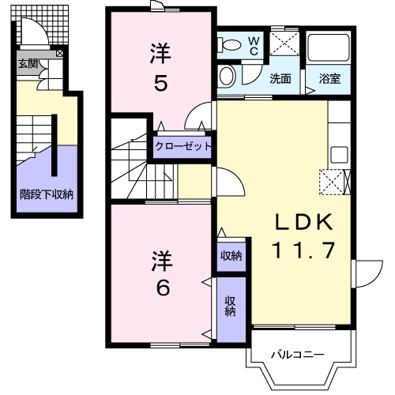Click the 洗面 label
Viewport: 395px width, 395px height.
click(x=280, y=78)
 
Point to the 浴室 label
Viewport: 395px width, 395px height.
click(x=329, y=78)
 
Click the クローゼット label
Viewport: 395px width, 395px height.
click(x=183, y=146)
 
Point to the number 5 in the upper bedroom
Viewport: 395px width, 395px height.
click(x=160, y=82)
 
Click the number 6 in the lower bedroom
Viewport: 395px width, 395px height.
click(x=161, y=288)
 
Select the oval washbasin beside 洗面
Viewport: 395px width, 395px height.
click(x=228, y=76)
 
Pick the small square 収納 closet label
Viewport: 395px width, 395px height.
click(x=231, y=255)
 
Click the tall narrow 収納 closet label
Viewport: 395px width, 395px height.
click(x=230, y=306)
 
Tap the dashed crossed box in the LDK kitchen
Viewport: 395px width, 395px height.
click(x=332, y=182)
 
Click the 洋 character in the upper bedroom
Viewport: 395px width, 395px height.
click(x=160, y=54)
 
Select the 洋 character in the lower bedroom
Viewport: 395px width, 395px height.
click(x=161, y=260)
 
